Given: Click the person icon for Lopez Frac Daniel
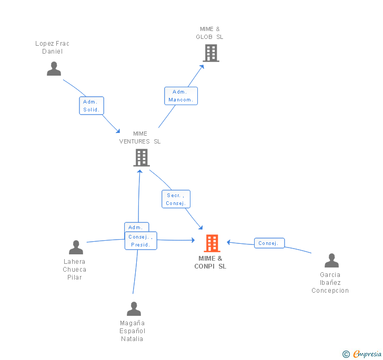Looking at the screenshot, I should pos(54,69).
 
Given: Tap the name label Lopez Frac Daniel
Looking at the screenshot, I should pos(52,47).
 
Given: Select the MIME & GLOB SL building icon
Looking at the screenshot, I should pos(210,53).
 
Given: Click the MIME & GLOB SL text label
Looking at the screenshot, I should pos(209,33).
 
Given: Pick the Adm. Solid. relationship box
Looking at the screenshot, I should pos(92,106).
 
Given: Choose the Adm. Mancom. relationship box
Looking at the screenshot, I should pos(180,96).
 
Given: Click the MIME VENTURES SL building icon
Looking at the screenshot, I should pos(141,158).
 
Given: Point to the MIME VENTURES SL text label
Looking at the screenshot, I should pos(140,137).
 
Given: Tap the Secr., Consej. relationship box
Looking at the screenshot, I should pos(175,199).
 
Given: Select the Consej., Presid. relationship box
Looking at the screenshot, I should pos(140,241).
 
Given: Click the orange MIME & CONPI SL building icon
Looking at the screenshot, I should pos(211,243).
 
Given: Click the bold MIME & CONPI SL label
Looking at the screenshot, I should pos(210,262).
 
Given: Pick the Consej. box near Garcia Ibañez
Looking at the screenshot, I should pos(269,243).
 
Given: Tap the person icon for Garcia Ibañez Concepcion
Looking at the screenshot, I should pos(331,261).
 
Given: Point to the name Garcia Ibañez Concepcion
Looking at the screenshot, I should pos(330,283).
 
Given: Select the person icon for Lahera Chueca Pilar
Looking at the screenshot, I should pos(76,248).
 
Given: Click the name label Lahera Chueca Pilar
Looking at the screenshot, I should pos(75,270).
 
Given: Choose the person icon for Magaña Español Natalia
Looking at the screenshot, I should pos(134,309).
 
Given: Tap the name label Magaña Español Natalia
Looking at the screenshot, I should pos(132,331).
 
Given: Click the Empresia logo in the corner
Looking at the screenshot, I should pos(362,354).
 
